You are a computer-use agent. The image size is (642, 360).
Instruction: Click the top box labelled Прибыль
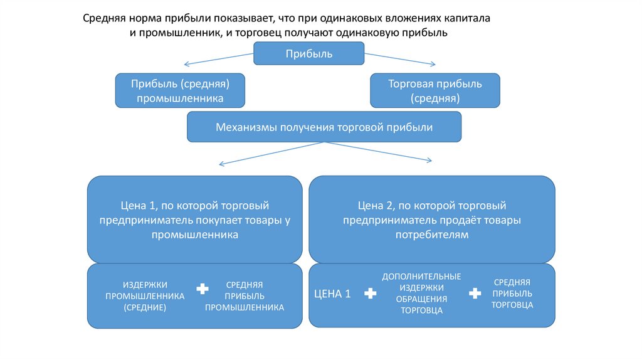coord(309,53)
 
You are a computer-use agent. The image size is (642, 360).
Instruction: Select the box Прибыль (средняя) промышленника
coord(181,90)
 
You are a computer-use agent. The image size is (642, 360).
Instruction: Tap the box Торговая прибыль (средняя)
coord(435,90)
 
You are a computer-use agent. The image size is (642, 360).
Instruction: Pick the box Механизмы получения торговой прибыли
coord(324,127)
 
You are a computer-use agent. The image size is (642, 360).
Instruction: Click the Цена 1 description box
coord(195,220)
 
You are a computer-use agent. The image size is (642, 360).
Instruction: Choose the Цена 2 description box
coord(432,220)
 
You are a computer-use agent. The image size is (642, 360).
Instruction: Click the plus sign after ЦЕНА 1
coord(370,294)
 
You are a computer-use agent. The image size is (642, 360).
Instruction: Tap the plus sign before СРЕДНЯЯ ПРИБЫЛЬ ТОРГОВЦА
coord(475,294)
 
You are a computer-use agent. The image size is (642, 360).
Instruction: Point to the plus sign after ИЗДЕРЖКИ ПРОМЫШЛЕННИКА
coord(202,289)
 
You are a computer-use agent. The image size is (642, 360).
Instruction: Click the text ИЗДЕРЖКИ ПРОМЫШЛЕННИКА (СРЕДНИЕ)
coord(145,296)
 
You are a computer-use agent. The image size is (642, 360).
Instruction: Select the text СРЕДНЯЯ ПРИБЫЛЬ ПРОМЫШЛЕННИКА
coord(245,296)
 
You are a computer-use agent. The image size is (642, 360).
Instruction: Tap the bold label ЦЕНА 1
coord(332,294)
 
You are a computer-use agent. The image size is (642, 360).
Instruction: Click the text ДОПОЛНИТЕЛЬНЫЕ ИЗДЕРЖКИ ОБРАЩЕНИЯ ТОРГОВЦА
coord(421,293)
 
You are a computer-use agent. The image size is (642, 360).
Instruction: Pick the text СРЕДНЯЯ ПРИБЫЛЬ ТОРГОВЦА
coord(512,294)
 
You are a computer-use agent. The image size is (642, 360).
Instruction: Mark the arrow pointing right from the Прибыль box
coord(400,60)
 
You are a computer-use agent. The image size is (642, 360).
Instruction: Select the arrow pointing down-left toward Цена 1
coord(270,154)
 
